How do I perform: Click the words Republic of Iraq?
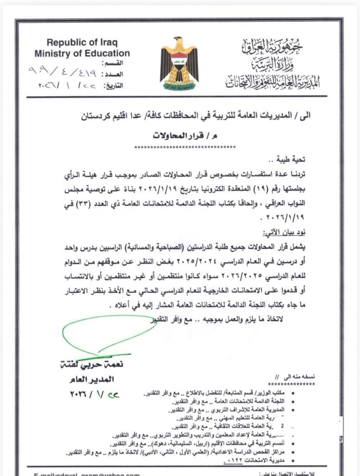82,43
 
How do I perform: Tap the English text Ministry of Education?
82,53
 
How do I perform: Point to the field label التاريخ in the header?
113,85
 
